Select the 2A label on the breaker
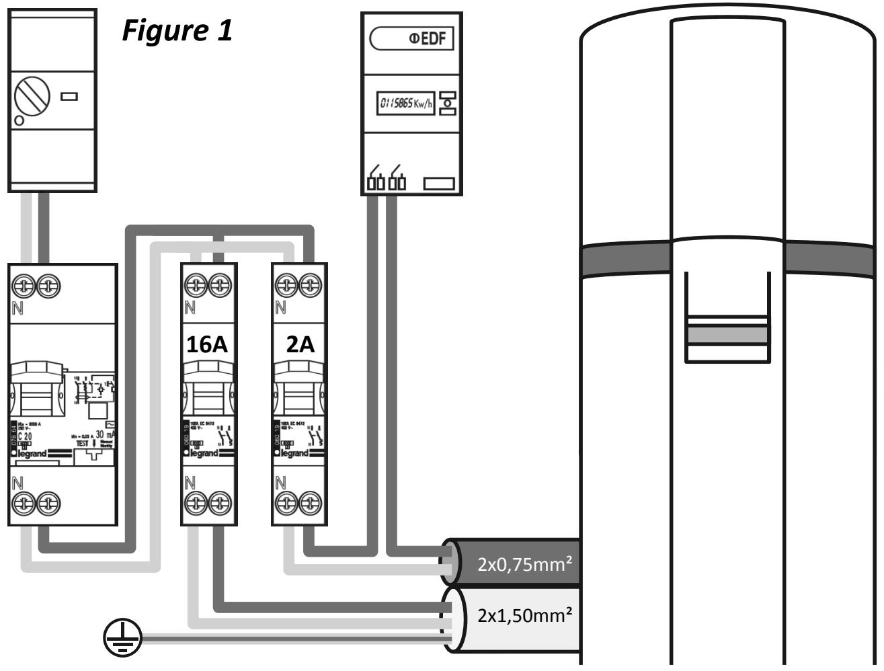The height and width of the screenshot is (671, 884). click(299, 344)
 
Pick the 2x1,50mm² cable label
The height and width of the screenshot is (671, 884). click(525, 615)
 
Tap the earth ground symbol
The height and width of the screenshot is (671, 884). click(122, 638)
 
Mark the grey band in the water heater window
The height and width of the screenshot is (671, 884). click(726, 334)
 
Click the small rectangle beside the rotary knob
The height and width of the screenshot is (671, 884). click(70, 95)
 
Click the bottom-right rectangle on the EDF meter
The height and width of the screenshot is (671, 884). click(439, 183)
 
